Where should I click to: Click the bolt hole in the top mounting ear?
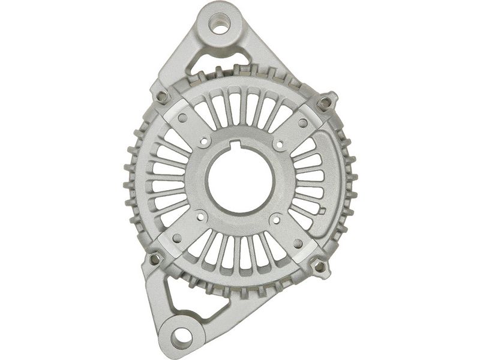tap(220, 25)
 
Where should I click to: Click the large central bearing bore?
tap(240, 181)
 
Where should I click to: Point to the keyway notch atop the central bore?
tap(238, 145)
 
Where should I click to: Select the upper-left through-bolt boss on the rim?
tap(161, 97)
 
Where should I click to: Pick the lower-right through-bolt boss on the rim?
tap(320, 265)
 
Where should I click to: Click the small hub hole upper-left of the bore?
tap(205, 143)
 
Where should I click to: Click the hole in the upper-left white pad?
tap(182, 118)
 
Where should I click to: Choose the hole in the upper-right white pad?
tap(302, 123)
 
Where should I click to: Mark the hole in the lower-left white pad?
tap(177, 238)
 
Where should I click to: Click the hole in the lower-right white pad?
tap(298, 243)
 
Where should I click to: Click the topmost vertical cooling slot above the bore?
tap(243, 109)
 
